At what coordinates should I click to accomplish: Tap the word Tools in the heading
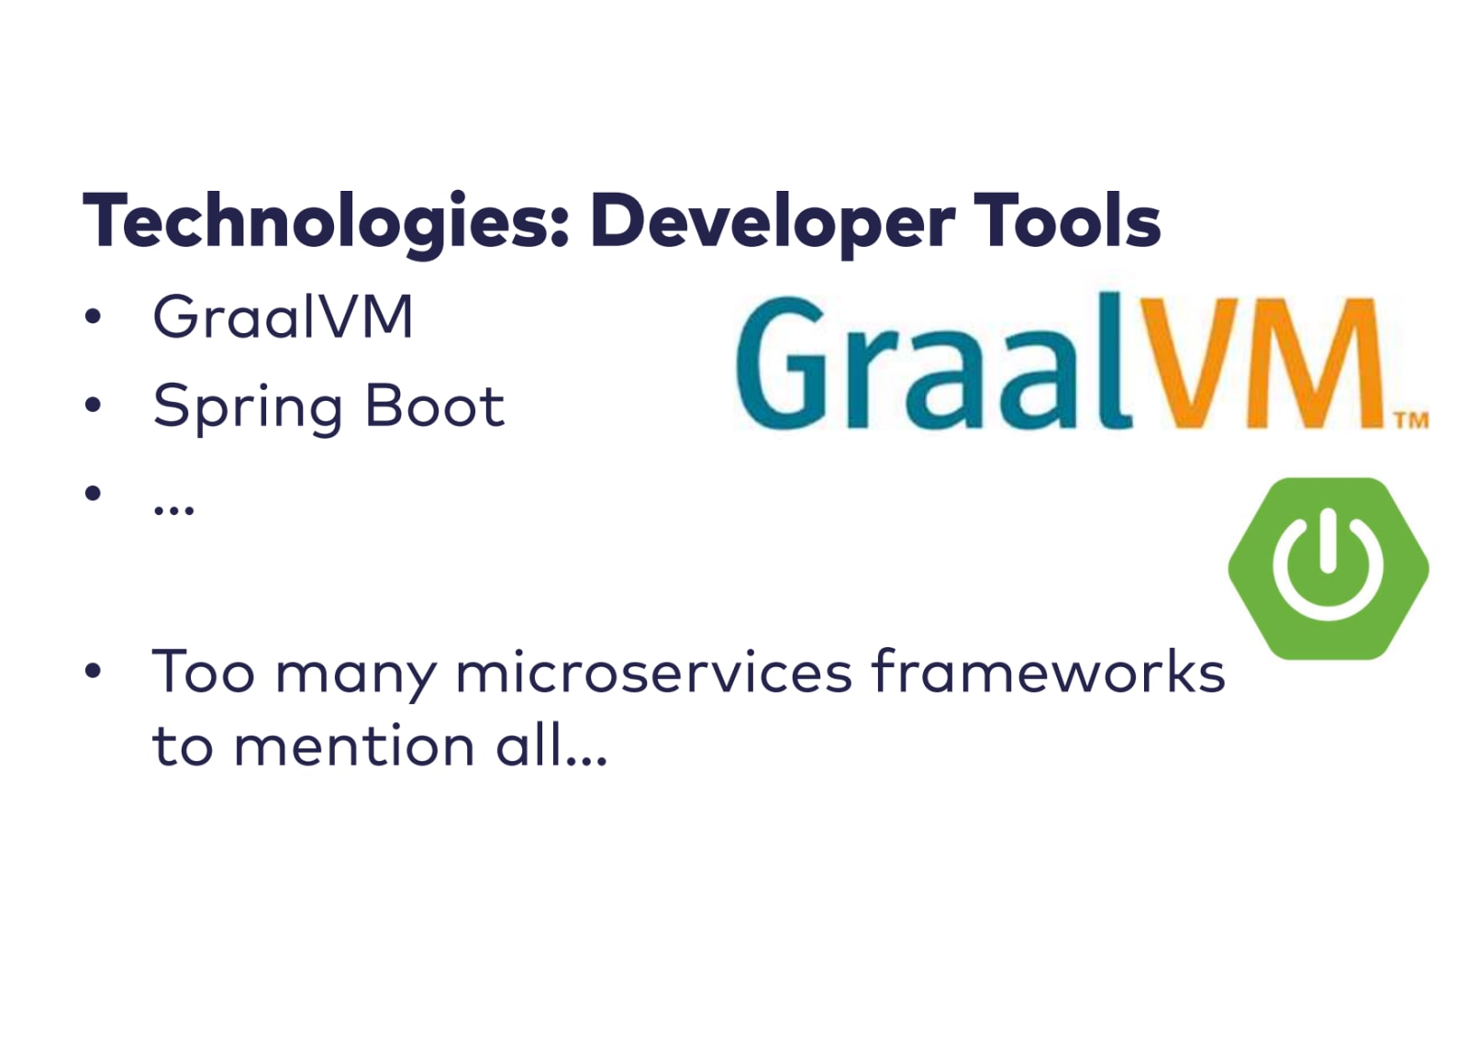(x=1068, y=219)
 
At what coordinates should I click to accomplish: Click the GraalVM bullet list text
(x=283, y=317)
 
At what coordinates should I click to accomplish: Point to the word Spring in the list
(x=248, y=407)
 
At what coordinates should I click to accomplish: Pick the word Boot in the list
(x=435, y=406)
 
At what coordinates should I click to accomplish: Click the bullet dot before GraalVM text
(x=93, y=317)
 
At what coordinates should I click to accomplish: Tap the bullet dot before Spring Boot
(x=93, y=405)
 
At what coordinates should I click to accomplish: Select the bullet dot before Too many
(x=93, y=670)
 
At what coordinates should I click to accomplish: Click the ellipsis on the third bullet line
(x=173, y=508)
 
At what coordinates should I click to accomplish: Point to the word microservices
(x=653, y=672)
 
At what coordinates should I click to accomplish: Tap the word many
(x=356, y=676)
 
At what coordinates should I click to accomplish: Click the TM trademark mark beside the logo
(x=1411, y=420)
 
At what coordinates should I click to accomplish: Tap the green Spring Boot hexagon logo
(x=1329, y=568)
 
